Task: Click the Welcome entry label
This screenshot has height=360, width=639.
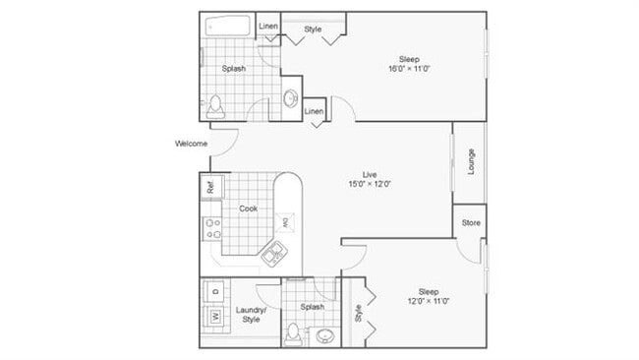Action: (x=191, y=145)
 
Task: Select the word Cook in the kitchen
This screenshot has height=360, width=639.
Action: (x=248, y=209)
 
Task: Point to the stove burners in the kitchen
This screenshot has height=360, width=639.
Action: (x=211, y=230)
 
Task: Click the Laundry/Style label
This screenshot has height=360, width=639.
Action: (x=252, y=315)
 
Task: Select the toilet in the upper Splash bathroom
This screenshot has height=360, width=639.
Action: (x=217, y=104)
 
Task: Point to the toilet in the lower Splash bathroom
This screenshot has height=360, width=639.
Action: (x=293, y=334)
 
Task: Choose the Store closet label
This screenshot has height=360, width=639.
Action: (x=471, y=223)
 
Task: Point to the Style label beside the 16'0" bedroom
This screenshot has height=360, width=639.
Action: (x=313, y=30)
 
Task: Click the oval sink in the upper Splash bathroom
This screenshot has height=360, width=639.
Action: (x=290, y=97)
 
